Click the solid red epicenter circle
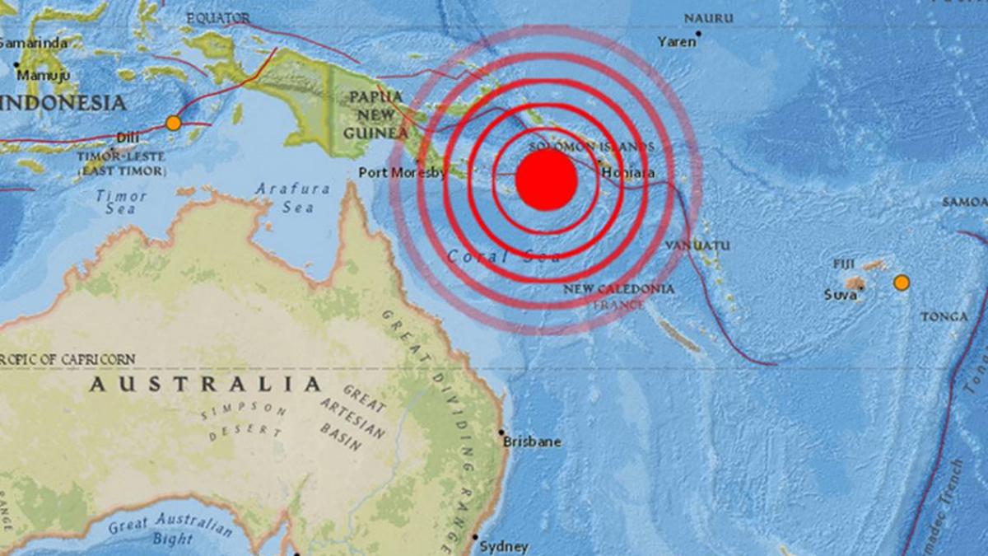coord(546,180)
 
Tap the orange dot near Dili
coord(173,124)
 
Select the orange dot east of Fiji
coord(902,283)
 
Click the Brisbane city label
coord(533,442)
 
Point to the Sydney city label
coord(504,545)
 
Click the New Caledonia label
coord(619,289)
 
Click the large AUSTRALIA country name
coord(206,385)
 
